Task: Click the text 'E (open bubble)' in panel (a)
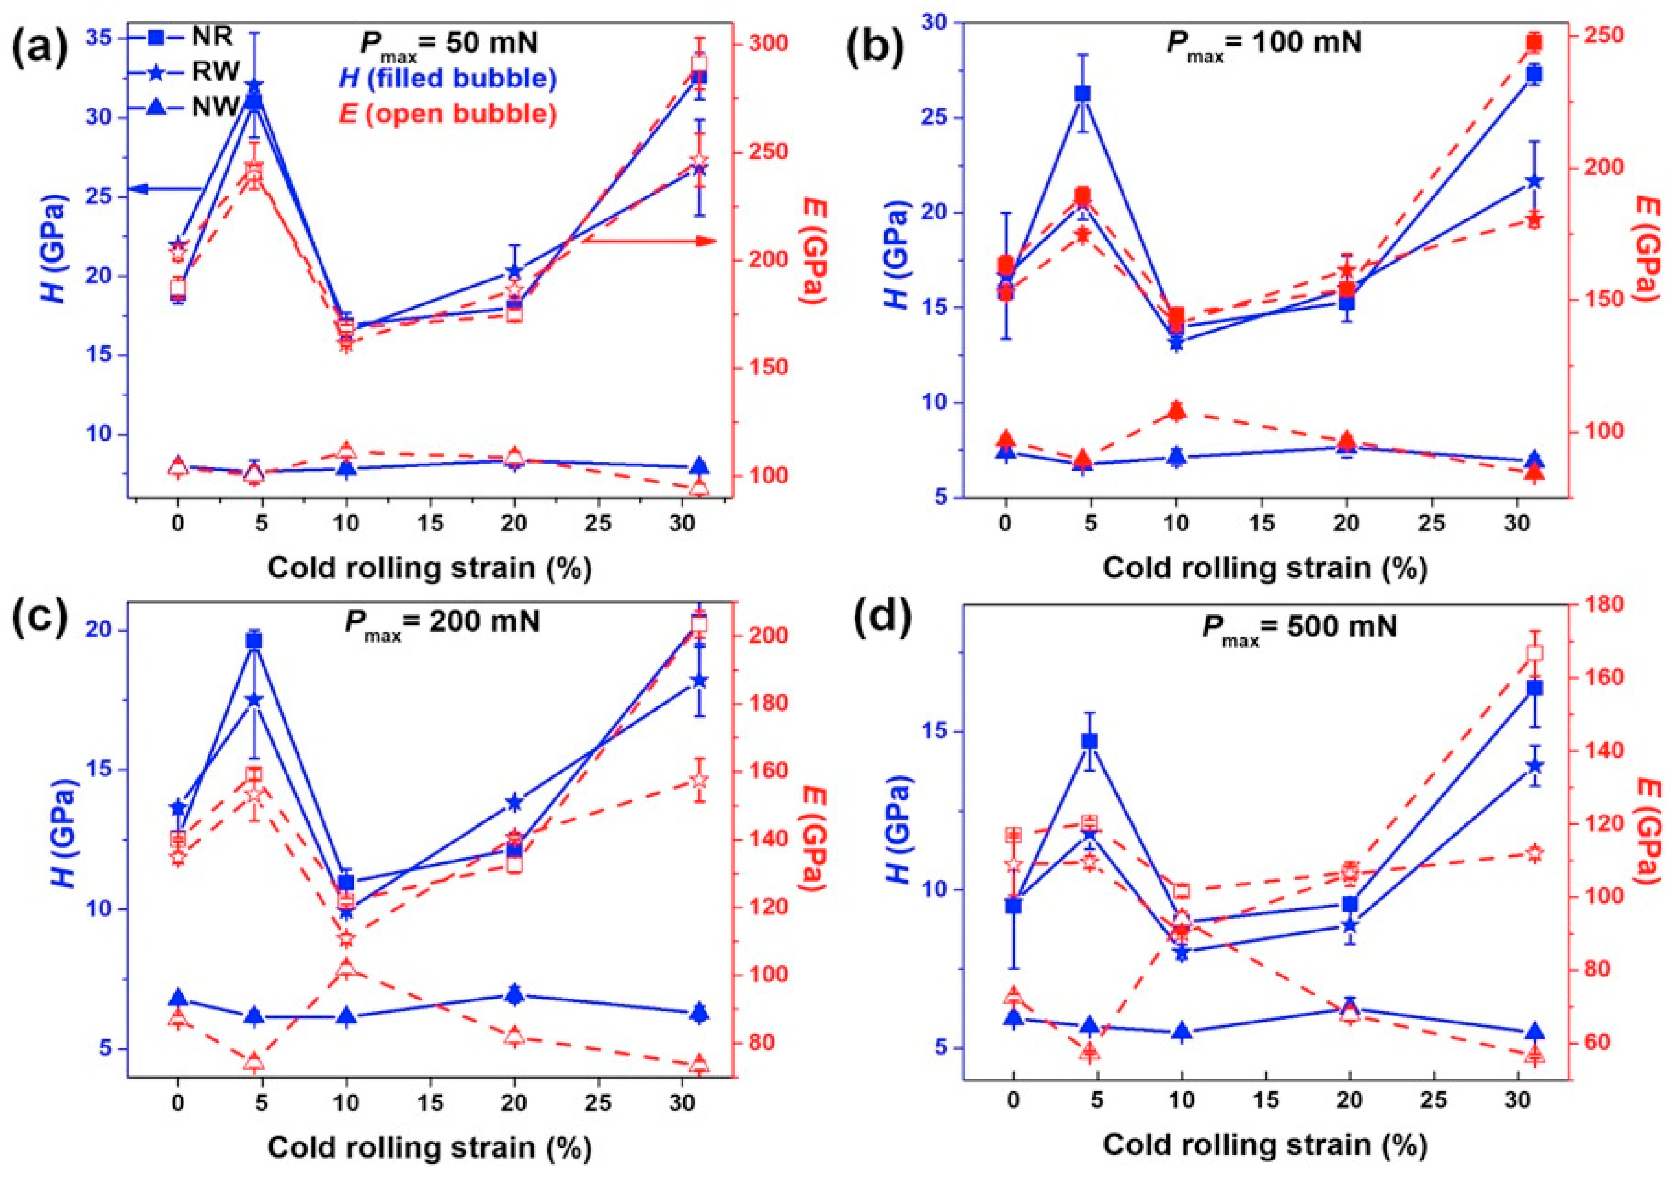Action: pos(448,114)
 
